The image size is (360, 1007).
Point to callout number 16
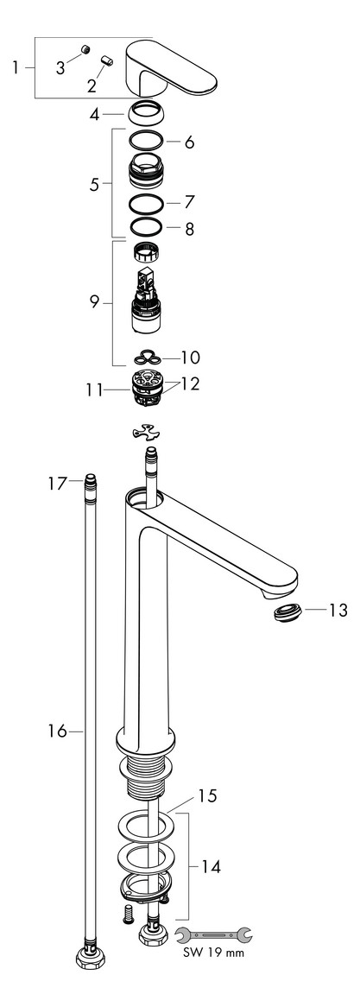[x=57, y=731]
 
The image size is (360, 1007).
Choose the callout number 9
[x=95, y=302]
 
